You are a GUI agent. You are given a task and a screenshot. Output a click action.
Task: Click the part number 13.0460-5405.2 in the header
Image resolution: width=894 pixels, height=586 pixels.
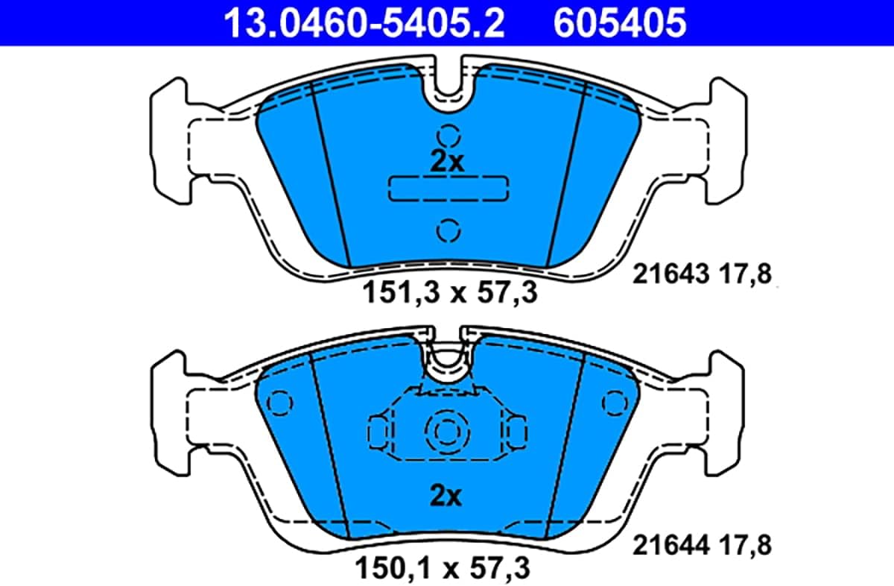[x=364, y=23]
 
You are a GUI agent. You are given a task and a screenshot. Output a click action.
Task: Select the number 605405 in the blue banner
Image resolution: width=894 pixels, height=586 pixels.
[x=620, y=23]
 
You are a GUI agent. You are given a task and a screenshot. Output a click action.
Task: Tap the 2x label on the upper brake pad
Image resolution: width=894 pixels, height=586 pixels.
[x=447, y=162]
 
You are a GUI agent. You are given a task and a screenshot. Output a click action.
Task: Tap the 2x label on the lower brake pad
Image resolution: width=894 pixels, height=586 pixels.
[x=446, y=496]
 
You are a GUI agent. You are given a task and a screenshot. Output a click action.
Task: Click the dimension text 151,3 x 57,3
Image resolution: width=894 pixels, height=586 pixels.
[x=450, y=293]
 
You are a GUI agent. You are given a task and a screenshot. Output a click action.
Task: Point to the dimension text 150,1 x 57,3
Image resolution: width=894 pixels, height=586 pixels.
[x=443, y=567]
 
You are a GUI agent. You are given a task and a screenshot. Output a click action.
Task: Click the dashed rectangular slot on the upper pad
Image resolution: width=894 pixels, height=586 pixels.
[x=448, y=188]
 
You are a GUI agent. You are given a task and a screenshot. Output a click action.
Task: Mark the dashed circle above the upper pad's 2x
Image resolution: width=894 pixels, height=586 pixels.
[x=448, y=136]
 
